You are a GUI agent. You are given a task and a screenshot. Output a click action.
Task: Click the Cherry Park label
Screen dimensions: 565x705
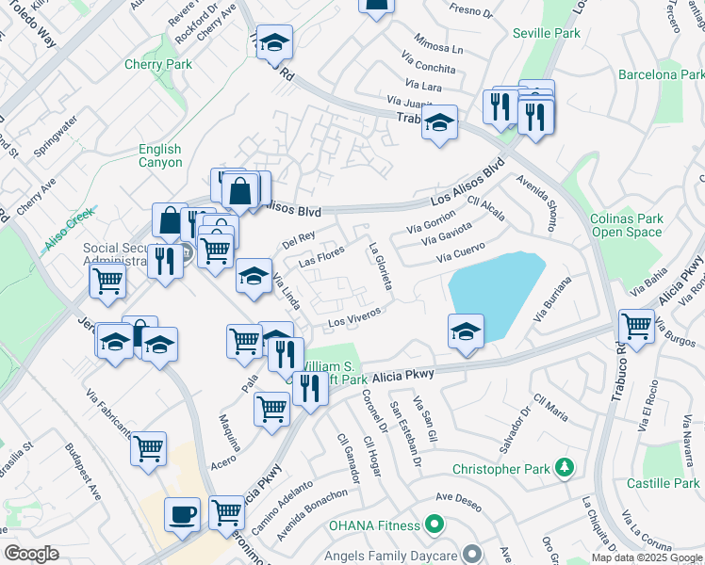pos(158,64)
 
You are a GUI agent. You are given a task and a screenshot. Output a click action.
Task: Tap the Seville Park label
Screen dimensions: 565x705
pos(546,33)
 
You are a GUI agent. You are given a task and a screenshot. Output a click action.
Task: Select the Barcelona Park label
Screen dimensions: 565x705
pos(661,74)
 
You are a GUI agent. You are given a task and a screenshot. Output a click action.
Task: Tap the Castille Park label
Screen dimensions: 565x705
pos(662,483)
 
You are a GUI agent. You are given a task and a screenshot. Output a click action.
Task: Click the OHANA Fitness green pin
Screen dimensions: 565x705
pos(434,522)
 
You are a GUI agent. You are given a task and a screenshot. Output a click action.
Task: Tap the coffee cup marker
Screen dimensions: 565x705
pos(182,514)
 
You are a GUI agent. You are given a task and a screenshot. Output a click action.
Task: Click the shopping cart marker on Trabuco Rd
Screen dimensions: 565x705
pos(637,327)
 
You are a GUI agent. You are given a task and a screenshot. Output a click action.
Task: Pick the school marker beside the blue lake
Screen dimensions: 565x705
pos(466,331)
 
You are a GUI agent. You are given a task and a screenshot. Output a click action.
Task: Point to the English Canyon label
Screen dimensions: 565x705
pos(160,155)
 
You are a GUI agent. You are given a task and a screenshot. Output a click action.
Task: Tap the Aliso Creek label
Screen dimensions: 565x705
pos(70,229)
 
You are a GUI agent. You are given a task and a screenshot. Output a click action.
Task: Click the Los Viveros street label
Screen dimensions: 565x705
pos(354,316)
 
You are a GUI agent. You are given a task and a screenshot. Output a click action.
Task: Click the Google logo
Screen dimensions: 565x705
pos(32,553)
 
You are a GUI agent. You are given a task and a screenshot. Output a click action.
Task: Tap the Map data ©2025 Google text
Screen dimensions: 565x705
pos(647,557)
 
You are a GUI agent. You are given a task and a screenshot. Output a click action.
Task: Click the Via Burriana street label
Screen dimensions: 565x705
pos(552,300)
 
